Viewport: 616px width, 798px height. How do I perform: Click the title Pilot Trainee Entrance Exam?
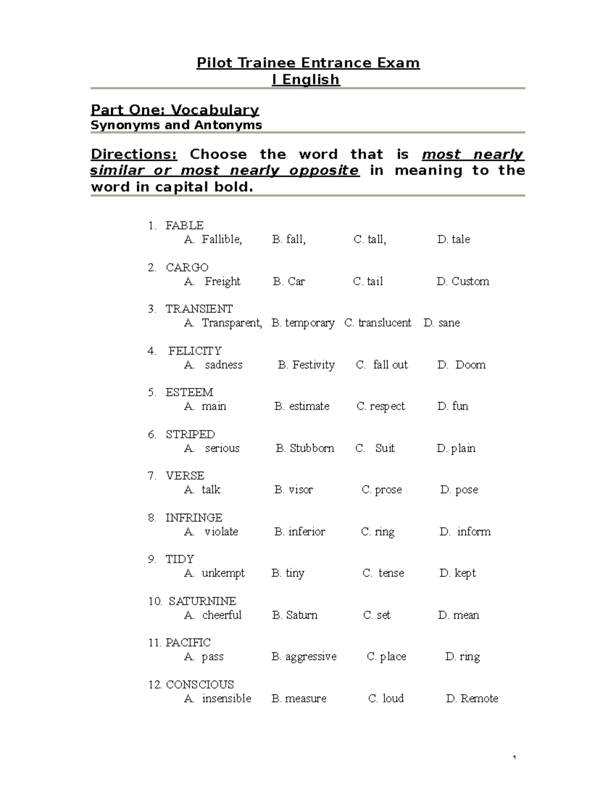pyautogui.click(x=308, y=63)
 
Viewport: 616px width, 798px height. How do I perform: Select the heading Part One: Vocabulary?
pyautogui.click(x=175, y=110)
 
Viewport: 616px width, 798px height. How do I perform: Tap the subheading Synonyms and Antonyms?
pyautogui.click(x=176, y=125)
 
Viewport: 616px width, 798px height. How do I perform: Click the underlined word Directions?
pyautogui.click(x=133, y=154)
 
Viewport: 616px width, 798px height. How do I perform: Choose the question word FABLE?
pyautogui.click(x=184, y=225)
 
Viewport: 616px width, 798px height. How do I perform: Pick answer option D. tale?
pyautogui.click(x=453, y=239)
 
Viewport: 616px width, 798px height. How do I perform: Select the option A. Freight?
pyautogui.click(x=212, y=281)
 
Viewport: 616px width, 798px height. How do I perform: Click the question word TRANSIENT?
pyautogui.click(x=199, y=309)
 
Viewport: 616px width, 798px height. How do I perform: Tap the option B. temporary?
pyautogui.click(x=303, y=323)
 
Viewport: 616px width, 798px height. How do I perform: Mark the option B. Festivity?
pyautogui.click(x=306, y=365)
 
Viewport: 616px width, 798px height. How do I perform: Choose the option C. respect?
pyautogui.click(x=380, y=406)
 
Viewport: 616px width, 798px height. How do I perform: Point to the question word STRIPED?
pyautogui.click(x=190, y=434)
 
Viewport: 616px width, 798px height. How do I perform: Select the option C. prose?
pyautogui.click(x=381, y=490)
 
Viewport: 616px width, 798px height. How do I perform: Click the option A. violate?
pyautogui.click(x=211, y=531)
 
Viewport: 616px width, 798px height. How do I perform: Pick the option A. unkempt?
pyautogui.click(x=214, y=573)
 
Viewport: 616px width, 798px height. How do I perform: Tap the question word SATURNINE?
pyautogui.click(x=202, y=601)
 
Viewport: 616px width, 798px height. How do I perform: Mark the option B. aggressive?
pyautogui.click(x=304, y=657)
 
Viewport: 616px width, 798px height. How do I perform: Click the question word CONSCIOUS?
pyautogui.click(x=200, y=684)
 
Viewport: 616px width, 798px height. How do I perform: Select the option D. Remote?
pyautogui.click(x=472, y=698)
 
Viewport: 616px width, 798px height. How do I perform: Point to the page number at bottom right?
pyautogui.click(x=514, y=758)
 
